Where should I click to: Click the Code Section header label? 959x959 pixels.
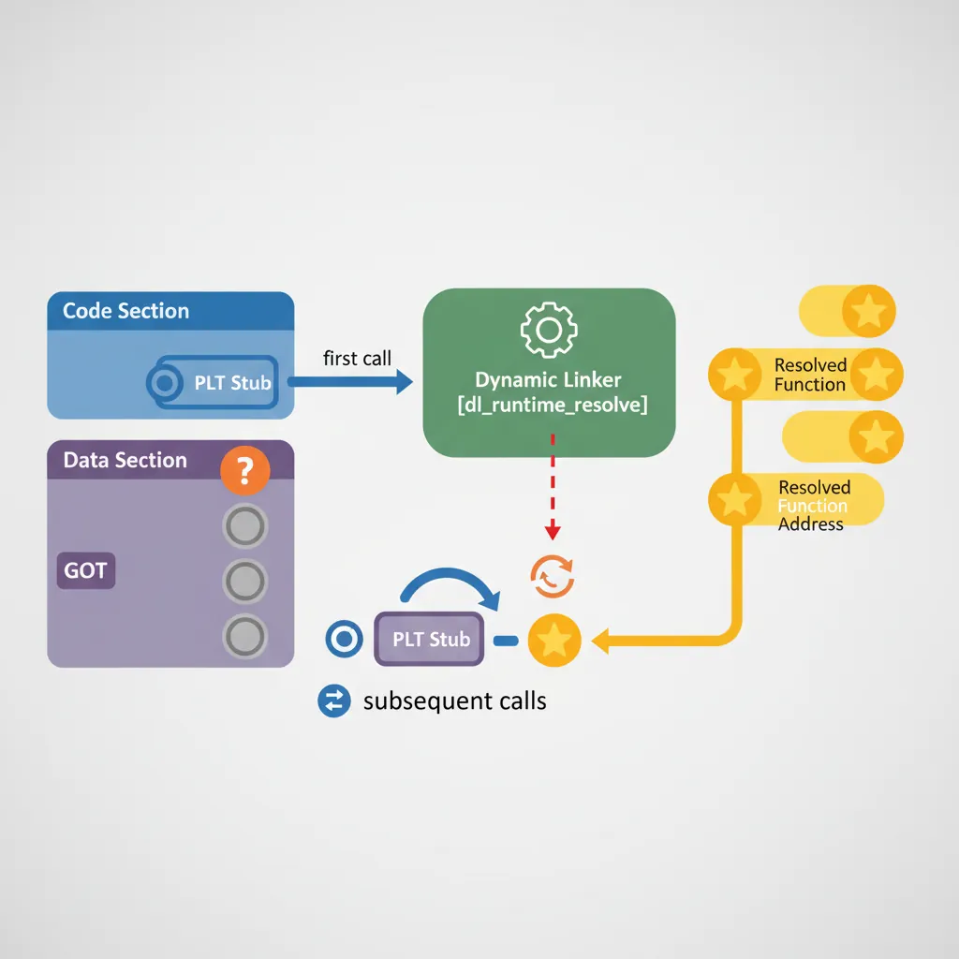125,311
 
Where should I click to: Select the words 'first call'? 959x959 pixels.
357,358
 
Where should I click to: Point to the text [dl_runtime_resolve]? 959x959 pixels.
549,406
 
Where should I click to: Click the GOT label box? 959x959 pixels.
85,569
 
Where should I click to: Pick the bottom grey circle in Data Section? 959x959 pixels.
245,637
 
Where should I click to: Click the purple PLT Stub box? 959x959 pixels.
430,640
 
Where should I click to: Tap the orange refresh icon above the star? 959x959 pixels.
553,577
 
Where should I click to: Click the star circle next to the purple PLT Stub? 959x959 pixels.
554,641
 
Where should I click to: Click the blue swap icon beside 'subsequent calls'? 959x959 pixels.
334,701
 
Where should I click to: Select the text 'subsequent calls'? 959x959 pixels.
454,701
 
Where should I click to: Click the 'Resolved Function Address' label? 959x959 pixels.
813,505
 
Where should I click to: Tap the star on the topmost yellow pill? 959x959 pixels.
869,311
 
